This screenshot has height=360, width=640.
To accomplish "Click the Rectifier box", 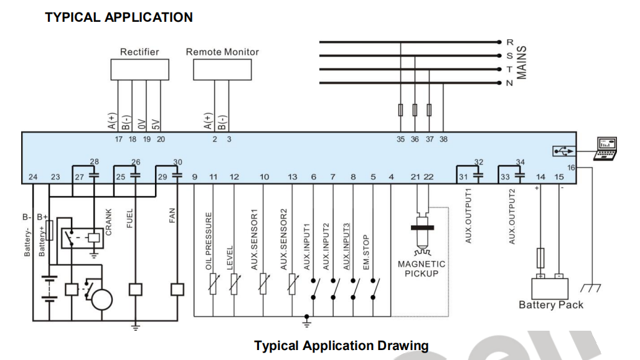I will tap(139, 70).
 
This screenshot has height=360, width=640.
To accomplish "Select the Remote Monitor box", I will tap(222, 70).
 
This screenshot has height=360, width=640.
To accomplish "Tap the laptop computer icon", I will tap(606, 148).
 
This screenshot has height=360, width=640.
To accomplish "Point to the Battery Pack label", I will tap(551, 305).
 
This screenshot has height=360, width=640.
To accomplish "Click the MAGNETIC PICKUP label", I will tap(421, 268).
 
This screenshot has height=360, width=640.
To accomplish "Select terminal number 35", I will tap(401, 140).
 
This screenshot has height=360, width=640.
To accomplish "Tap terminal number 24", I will tap(33, 178).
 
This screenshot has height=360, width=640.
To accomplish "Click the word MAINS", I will tap(522, 62).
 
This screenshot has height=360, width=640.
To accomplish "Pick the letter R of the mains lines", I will tap(509, 42).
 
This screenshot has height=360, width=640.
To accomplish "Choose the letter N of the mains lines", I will tap(509, 83).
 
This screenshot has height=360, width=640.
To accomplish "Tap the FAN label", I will tap(172, 216).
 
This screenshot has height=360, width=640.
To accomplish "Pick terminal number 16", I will tap(571, 168).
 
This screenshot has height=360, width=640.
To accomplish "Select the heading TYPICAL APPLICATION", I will tap(119, 17).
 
